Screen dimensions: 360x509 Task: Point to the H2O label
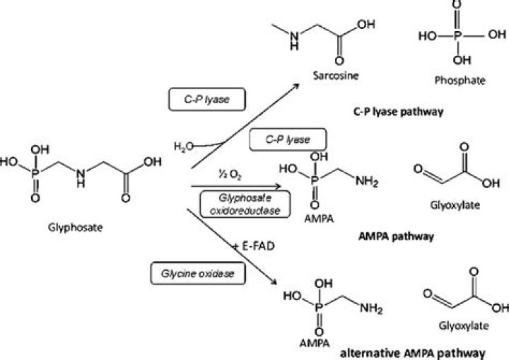point(182,146)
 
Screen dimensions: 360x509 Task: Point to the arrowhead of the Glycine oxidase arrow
point(272,284)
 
